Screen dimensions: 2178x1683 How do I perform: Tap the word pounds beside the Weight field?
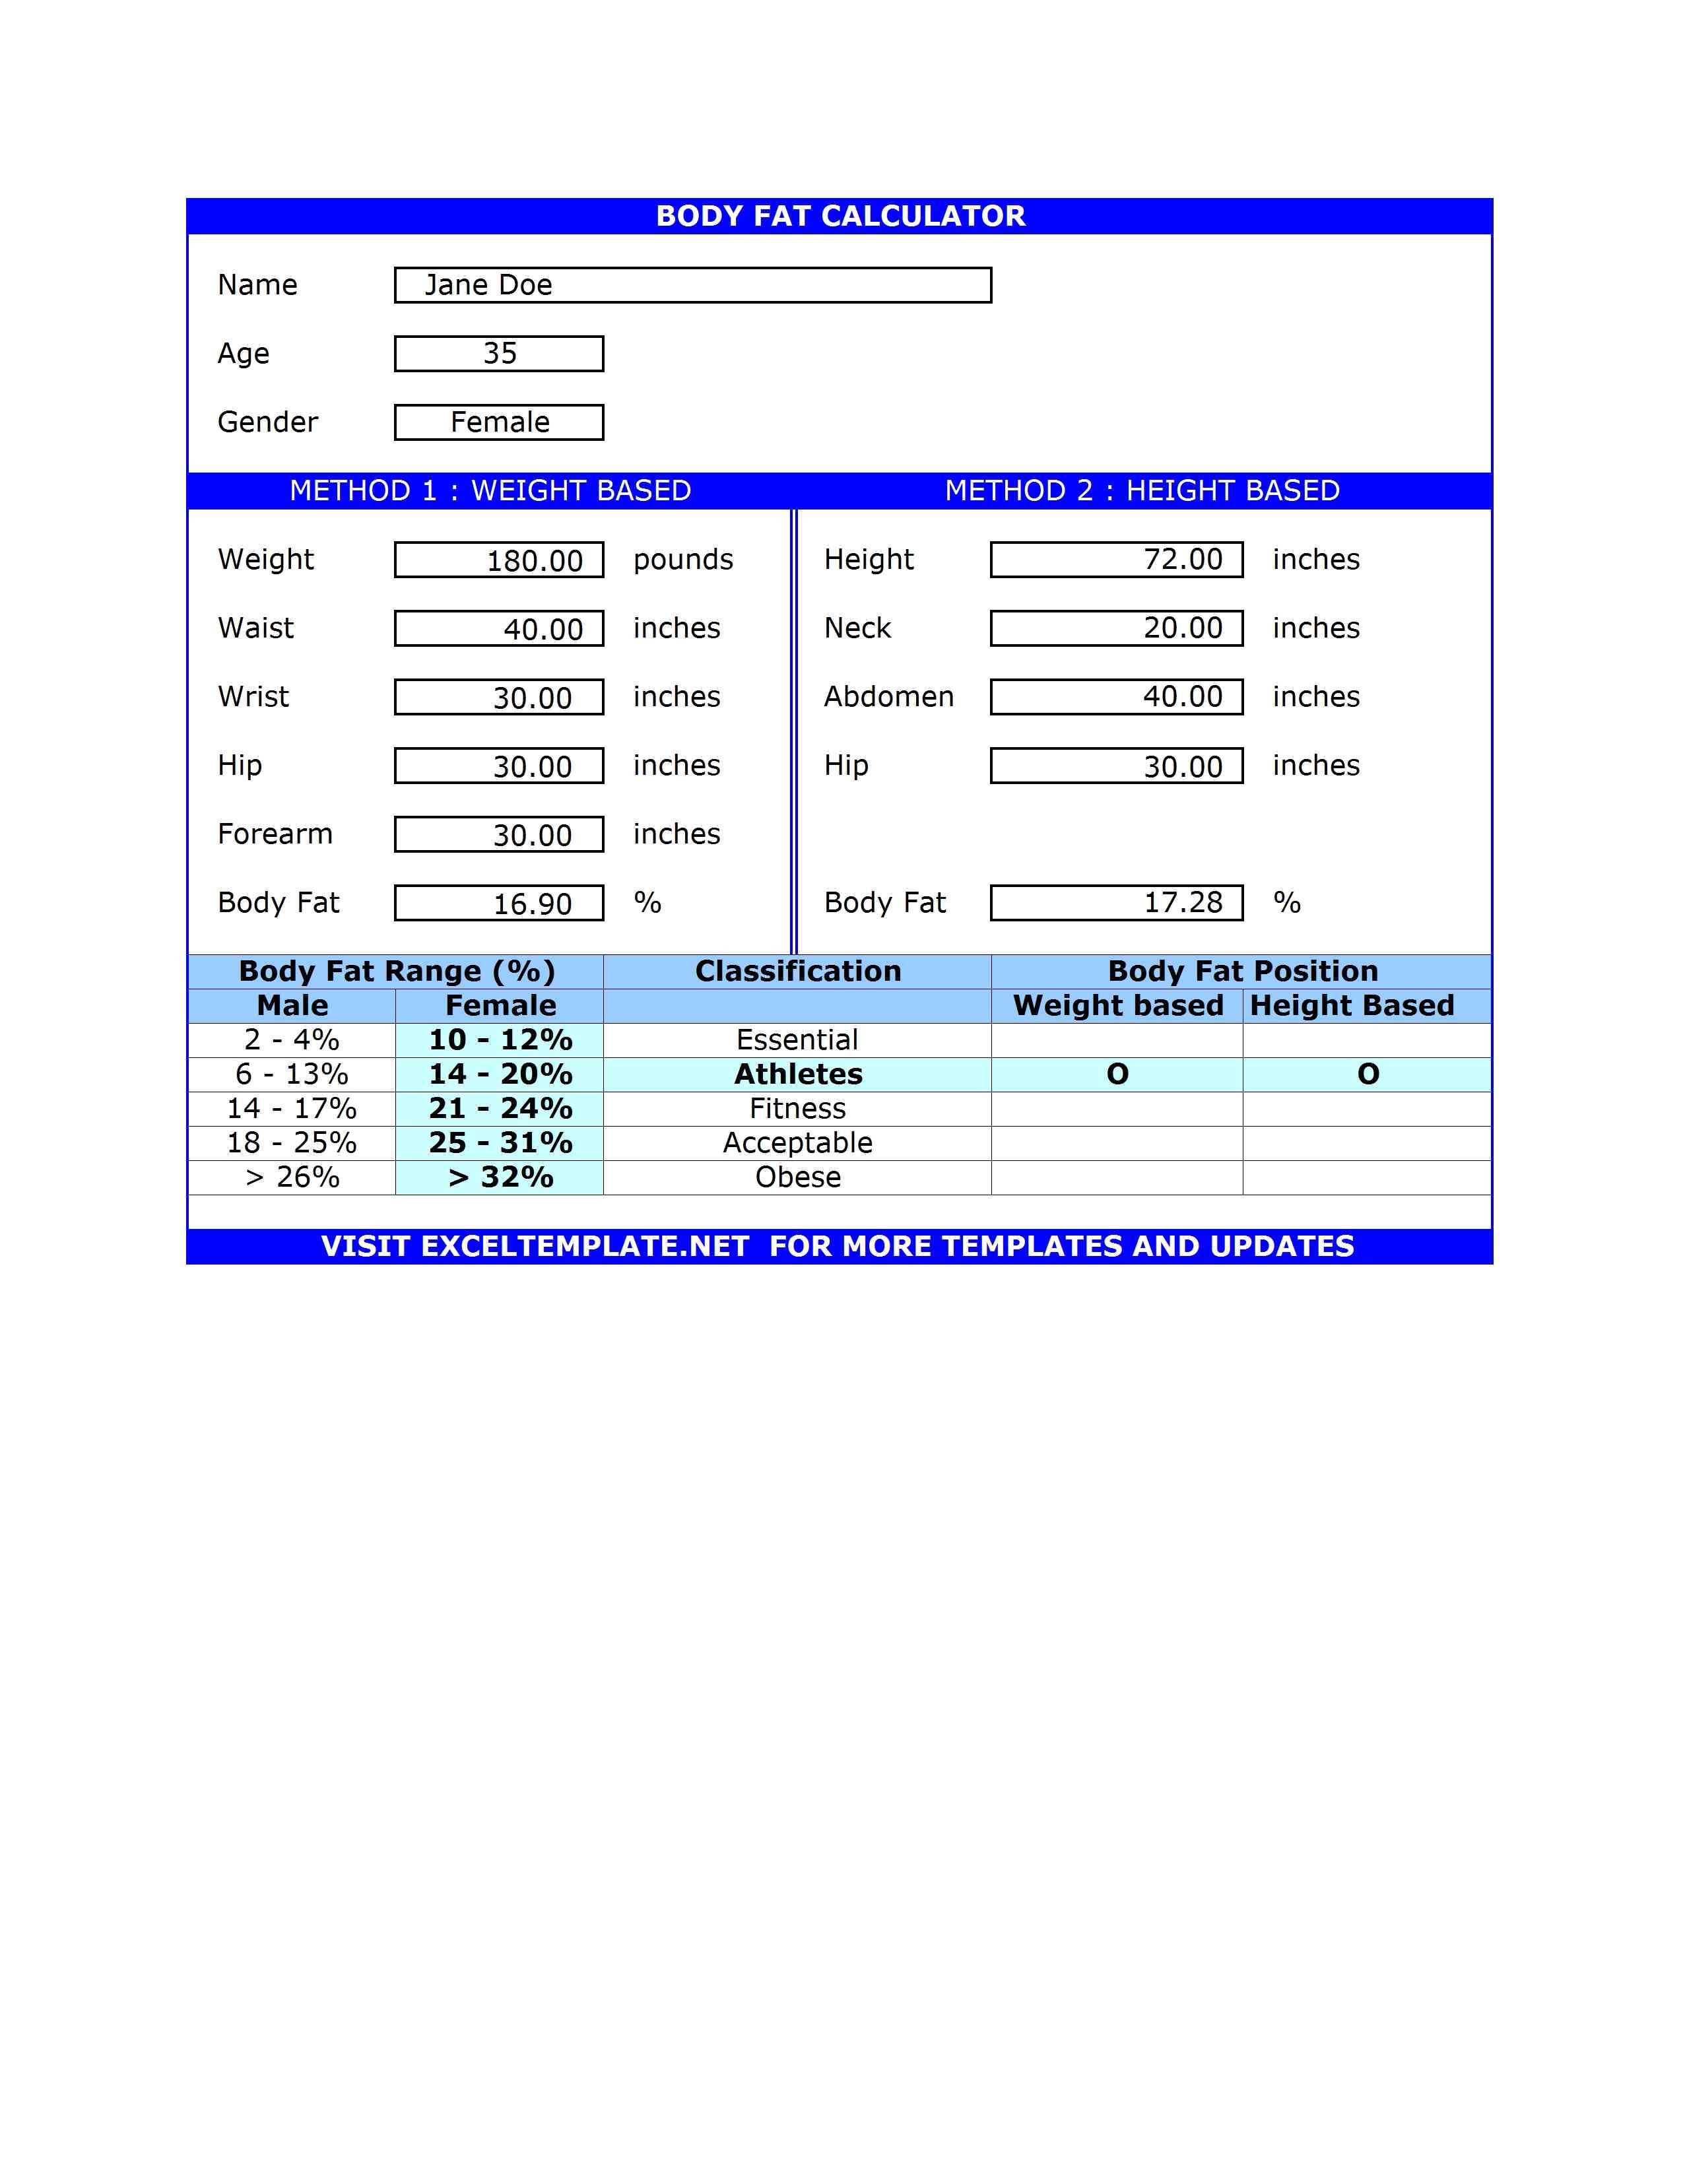click(x=683, y=560)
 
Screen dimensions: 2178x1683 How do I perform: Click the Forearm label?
click(x=275, y=834)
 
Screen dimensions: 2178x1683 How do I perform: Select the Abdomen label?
click(x=888, y=697)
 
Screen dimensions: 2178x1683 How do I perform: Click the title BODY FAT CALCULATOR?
click(x=840, y=216)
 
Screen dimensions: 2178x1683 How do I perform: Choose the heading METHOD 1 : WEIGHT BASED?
click(x=490, y=490)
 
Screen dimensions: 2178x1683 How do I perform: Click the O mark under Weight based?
click(x=1117, y=1074)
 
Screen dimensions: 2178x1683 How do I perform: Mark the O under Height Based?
click(x=1368, y=1074)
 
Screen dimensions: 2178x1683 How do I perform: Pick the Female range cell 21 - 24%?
click(x=500, y=1108)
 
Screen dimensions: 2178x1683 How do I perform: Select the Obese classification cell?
click(x=798, y=1177)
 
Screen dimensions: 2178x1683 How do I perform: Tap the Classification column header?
click(x=798, y=972)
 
